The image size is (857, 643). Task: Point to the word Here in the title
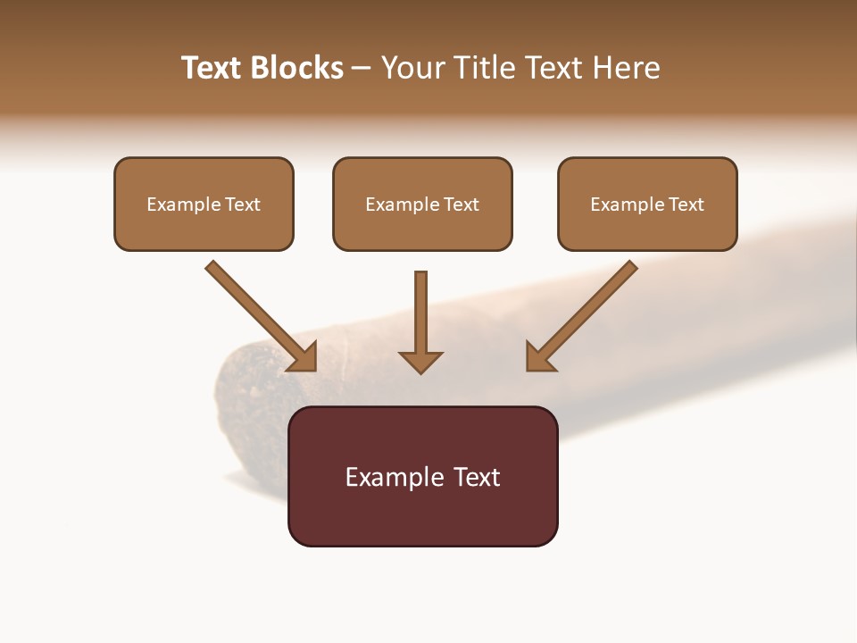pos(627,68)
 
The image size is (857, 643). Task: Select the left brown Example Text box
pos(204,204)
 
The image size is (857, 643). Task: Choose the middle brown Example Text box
pos(422,204)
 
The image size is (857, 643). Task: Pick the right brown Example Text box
pos(647,204)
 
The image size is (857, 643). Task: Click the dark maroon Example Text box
pos(422,476)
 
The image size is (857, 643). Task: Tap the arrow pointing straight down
pos(420,321)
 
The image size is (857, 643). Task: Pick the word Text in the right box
pos(686,205)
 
